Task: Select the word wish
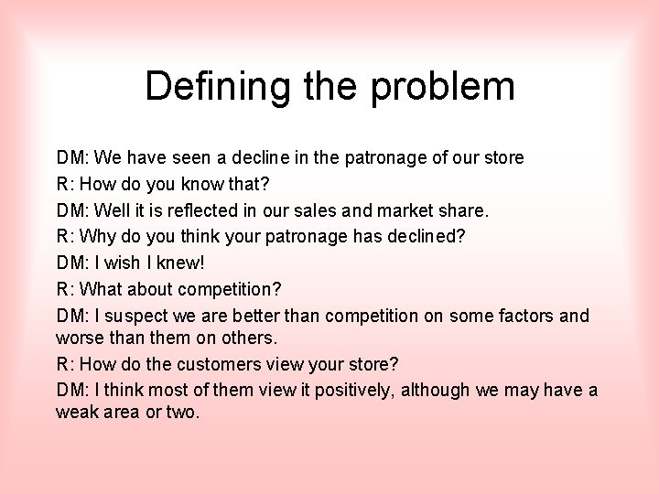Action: [x=122, y=263]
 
